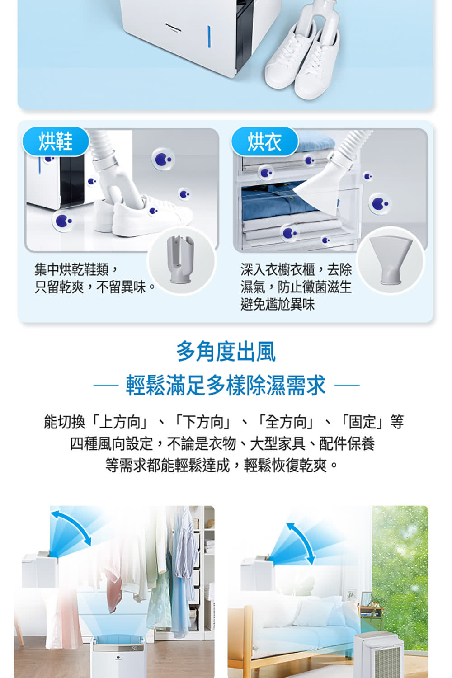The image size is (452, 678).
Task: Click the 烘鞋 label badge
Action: (56, 141)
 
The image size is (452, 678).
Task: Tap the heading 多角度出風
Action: (226, 352)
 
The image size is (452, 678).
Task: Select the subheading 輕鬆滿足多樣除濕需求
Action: (226, 386)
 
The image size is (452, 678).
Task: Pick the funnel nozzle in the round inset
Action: (390, 260)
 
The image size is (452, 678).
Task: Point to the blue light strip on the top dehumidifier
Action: (209, 36)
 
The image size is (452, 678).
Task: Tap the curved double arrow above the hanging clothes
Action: (71, 527)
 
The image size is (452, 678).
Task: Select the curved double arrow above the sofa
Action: (300, 542)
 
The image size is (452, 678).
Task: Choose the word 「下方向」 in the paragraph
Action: (203, 422)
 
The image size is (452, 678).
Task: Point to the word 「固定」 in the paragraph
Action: (363, 422)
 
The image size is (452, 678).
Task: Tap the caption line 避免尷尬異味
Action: (278, 304)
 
